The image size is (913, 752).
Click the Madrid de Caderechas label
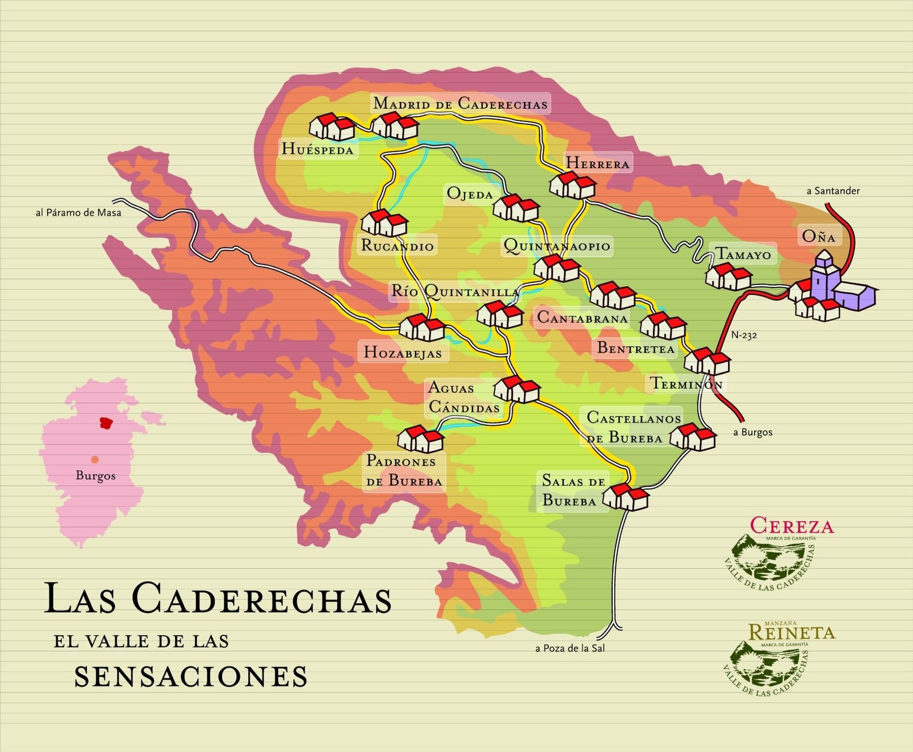pyautogui.click(x=460, y=104)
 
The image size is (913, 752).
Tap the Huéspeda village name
pyautogui.click(x=318, y=149)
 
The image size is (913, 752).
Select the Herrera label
pyautogui.click(x=597, y=163)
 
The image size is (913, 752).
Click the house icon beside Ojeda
pyautogui.click(x=515, y=208)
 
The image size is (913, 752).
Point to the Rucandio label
pyautogui.click(x=397, y=246)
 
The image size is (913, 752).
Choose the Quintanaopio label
pyautogui.click(x=557, y=246)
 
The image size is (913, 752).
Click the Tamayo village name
pyautogui.click(x=743, y=254)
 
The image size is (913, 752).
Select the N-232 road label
pyautogui.click(x=744, y=335)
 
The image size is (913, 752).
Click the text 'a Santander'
pyautogui.click(x=833, y=191)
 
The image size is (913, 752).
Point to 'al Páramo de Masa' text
pyautogui.click(x=78, y=213)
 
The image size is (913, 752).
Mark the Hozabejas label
pyautogui.click(x=403, y=352)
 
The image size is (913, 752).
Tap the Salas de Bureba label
pyautogui.click(x=573, y=490)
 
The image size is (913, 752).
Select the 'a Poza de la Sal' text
pyautogui.click(x=569, y=648)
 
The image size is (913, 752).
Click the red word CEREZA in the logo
pyautogui.click(x=791, y=525)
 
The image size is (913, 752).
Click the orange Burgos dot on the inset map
pyautogui.click(x=95, y=460)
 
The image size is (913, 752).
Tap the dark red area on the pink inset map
pyautogui.click(x=106, y=422)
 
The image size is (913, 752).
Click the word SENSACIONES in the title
pyautogui.click(x=191, y=676)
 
